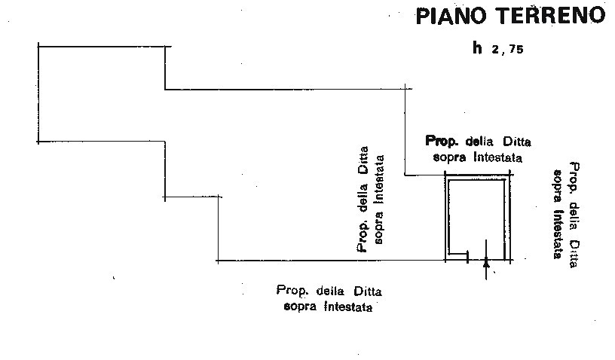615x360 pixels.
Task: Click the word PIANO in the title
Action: (450, 16)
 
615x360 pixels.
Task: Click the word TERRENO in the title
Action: (547, 15)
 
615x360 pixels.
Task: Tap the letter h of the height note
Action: (477, 47)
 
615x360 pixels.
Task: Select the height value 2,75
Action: (506, 49)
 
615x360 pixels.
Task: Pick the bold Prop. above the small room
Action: (442, 141)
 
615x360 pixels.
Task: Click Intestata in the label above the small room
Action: (497, 157)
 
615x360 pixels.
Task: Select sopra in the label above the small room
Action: (449, 158)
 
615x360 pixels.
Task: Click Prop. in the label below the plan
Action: (292, 290)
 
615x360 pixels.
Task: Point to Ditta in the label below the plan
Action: (368, 291)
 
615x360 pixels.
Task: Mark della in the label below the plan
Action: (330, 291)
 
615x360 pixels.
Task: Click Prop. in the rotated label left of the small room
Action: (363, 236)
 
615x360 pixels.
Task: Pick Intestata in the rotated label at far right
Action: (558, 235)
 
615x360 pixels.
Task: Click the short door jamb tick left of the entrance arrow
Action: (467, 257)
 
